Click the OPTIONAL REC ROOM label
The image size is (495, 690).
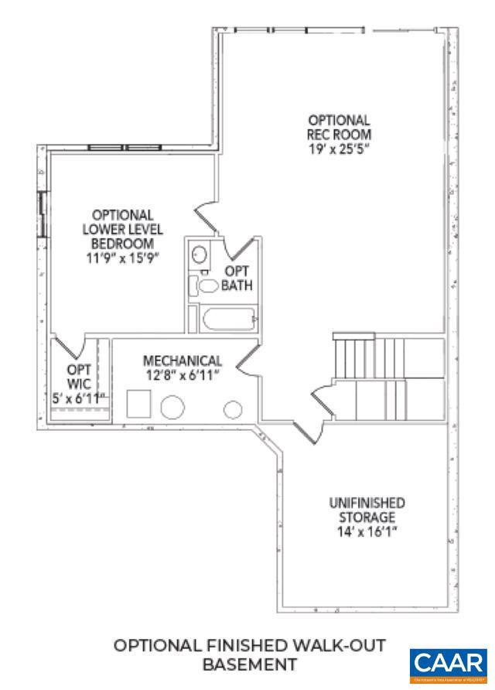339,127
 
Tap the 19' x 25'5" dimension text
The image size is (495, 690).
339,148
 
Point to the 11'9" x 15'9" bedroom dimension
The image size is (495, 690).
122,258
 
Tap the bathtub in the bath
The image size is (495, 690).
229,319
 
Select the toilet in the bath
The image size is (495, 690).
207,285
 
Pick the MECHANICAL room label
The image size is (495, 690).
183,360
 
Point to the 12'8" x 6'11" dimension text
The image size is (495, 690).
183,374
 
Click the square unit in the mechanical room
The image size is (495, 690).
139,404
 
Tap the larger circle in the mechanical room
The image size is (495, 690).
173,408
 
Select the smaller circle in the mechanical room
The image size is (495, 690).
232,410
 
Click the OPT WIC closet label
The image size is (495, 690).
79,376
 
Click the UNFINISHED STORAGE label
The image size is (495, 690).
367,510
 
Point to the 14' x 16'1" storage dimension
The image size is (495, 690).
367,531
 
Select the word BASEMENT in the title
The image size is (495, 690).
249,664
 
